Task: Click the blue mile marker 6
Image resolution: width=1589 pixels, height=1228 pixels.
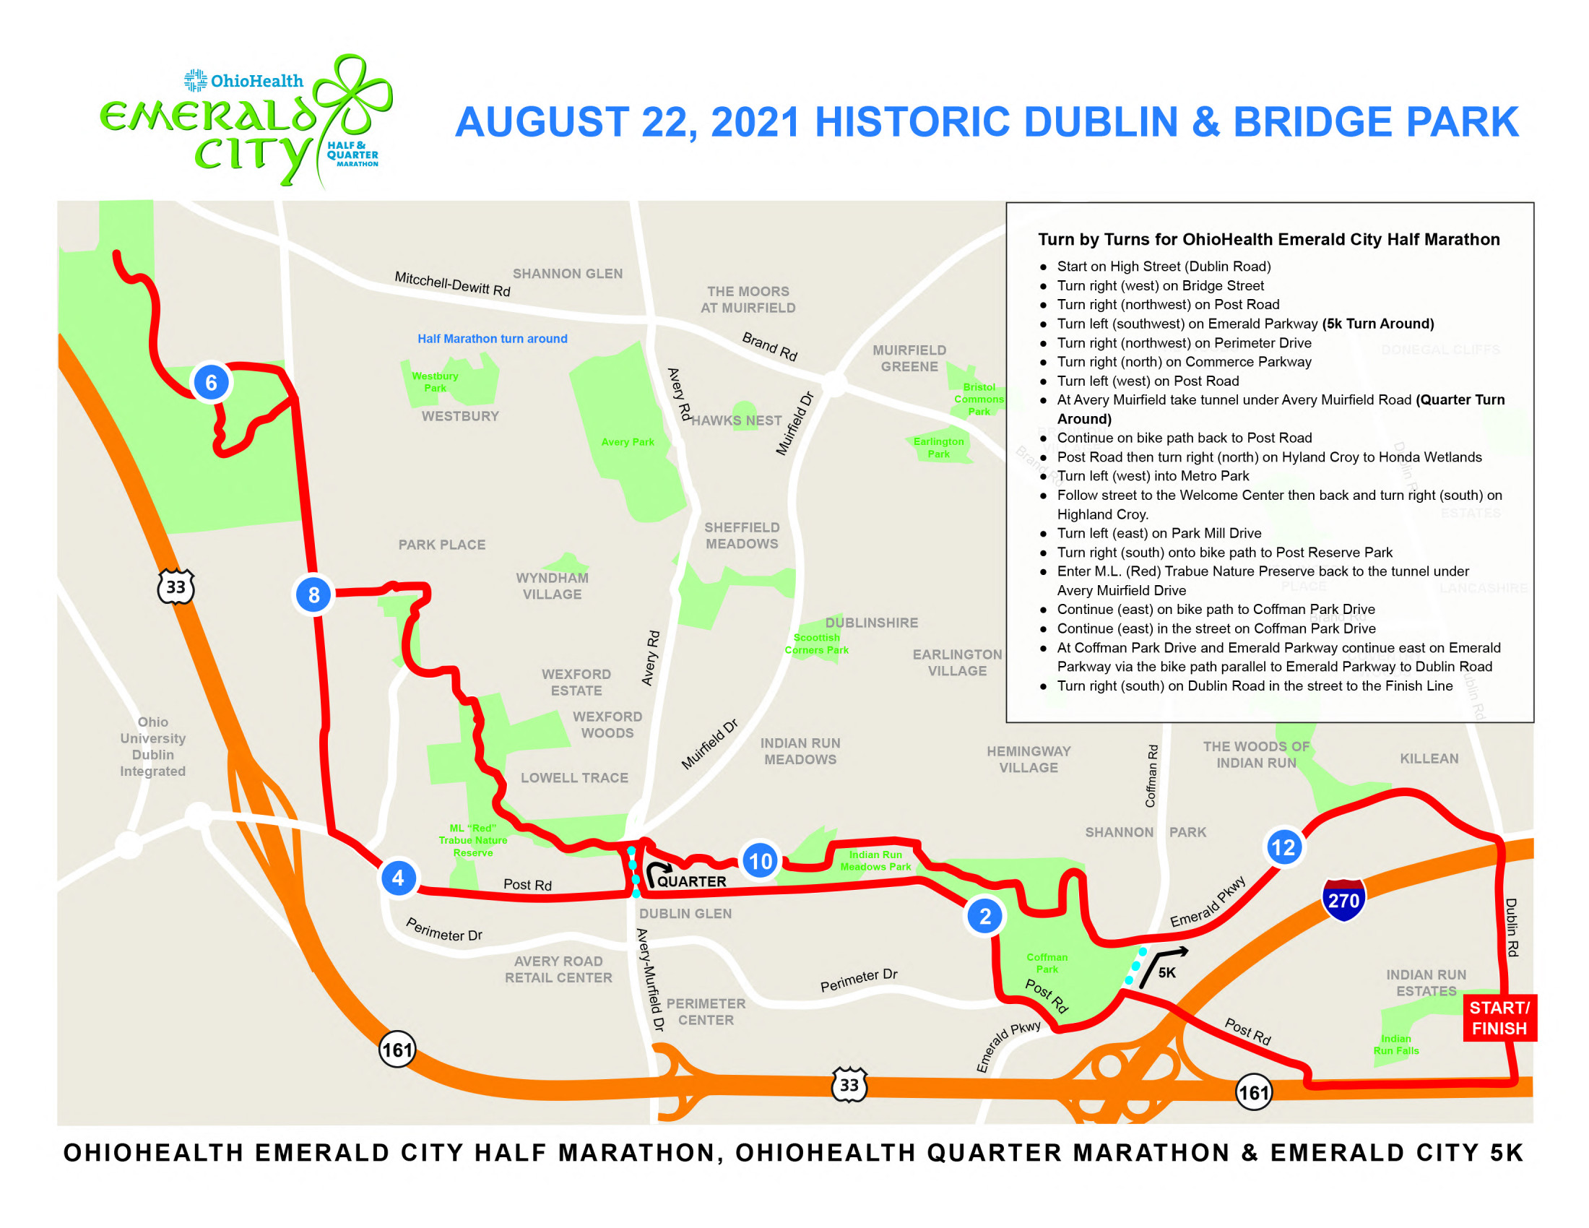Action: (x=211, y=383)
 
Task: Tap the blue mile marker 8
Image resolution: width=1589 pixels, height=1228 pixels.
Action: (x=313, y=595)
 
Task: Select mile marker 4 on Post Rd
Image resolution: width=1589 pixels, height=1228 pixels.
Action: (x=398, y=878)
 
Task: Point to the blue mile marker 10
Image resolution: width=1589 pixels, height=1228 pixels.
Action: (x=761, y=861)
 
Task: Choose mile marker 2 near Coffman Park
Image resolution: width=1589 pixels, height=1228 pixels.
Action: (x=985, y=917)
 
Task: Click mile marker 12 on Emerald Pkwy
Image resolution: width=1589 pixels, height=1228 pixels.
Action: (x=1283, y=847)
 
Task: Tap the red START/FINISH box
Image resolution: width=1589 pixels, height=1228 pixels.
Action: (x=1499, y=1018)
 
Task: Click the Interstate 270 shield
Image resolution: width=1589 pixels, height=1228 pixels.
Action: (x=1343, y=899)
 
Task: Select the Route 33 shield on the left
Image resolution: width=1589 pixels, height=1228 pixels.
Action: (x=176, y=587)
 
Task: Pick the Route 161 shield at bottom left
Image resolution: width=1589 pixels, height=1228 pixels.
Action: (x=397, y=1050)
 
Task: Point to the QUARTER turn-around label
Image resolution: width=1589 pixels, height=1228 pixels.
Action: (x=691, y=882)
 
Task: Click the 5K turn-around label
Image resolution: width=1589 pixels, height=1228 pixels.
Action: (x=1167, y=973)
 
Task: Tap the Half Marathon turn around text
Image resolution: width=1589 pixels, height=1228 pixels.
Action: (x=493, y=339)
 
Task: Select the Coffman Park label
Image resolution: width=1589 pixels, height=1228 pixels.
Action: (x=1047, y=963)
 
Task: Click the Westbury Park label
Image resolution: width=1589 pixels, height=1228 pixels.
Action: (x=435, y=382)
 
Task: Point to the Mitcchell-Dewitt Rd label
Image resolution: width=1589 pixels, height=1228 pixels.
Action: (x=453, y=284)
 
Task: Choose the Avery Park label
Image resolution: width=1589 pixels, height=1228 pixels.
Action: (x=628, y=442)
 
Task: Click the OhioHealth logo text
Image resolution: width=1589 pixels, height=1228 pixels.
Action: (x=256, y=81)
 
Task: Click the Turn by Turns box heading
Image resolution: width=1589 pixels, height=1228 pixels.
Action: (x=1269, y=239)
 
